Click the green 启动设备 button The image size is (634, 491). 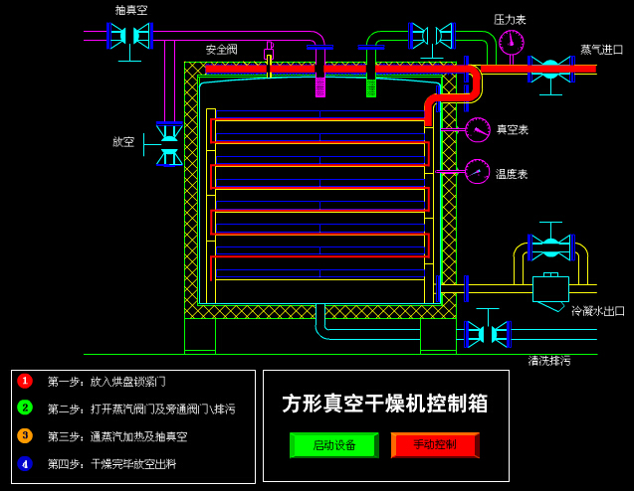(333, 444)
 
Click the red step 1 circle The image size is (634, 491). (25, 381)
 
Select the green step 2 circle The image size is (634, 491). (25, 408)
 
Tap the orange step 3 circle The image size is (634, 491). (25, 435)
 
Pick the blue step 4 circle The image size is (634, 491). (25, 463)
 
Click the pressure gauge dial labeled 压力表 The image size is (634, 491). (512, 42)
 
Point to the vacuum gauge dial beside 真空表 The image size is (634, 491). (478, 130)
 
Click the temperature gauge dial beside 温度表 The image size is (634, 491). (478, 172)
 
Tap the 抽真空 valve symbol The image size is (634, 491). (129, 36)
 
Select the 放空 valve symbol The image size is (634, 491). (169, 144)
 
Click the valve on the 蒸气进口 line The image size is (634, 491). (550, 69)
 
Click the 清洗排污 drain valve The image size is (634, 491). (488, 334)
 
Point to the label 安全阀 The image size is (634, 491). (222, 50)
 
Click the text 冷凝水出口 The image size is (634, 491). (598, 311)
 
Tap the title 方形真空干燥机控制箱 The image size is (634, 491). (385, 403)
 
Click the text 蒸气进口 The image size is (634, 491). (602, 50)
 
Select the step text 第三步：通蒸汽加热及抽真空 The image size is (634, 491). (117, 436)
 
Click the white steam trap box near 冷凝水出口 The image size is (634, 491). (550, 288)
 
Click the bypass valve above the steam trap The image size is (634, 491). (550, 246)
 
